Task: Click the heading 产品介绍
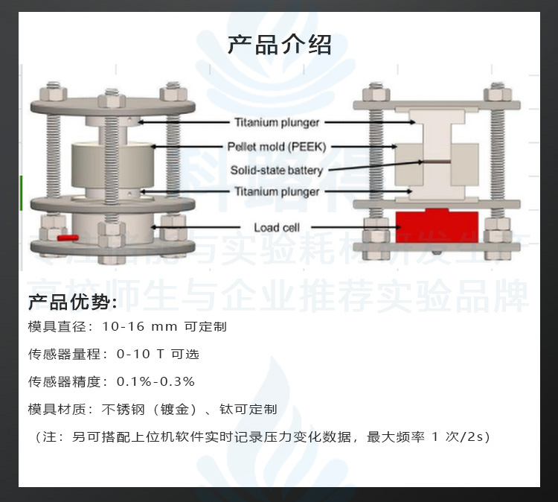point(279,45)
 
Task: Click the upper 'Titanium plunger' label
point(277,122)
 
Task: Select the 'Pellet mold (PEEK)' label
point(276,147)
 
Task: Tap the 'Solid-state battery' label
point(276,171)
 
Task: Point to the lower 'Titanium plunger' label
point(277,191)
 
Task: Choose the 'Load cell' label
point(277,227)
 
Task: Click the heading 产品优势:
point(72,302)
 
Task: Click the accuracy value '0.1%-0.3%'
point(155,381)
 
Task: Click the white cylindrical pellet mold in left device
point(112,165)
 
